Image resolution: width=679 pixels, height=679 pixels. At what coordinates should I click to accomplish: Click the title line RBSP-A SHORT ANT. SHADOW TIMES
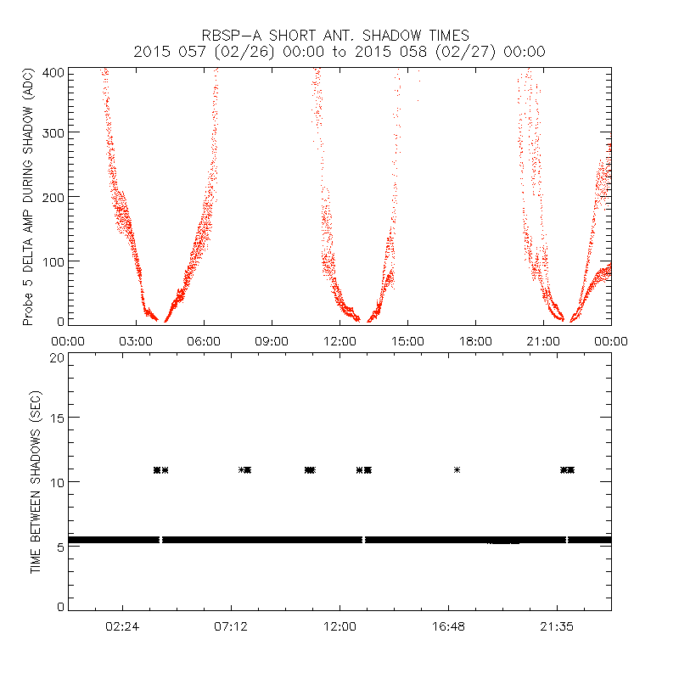coord(339,36)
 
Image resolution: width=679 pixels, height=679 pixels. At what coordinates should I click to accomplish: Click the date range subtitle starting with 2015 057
coord(339,52)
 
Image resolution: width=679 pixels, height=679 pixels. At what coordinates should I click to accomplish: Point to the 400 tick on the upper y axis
coord(53,73)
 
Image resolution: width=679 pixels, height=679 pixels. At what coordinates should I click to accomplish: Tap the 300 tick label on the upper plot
coord(53,132)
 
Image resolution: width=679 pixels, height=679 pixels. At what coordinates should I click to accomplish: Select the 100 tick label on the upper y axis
coord(53,260)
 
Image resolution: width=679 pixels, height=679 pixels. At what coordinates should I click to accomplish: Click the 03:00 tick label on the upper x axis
coord(136,341)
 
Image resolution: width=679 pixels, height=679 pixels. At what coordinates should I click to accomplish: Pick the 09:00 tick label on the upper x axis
coord(272,341)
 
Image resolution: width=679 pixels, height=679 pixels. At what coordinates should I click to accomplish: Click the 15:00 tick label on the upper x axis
coord(407,341)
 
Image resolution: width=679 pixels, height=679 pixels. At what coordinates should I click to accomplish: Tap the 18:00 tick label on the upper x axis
coord(475,341)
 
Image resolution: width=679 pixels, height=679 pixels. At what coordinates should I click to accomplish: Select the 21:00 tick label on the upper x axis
coord(543,341)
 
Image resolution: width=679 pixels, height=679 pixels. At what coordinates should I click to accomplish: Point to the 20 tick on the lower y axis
coord(57,357)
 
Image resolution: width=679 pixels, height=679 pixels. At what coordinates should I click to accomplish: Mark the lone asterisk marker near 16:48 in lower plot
coord(457,469)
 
